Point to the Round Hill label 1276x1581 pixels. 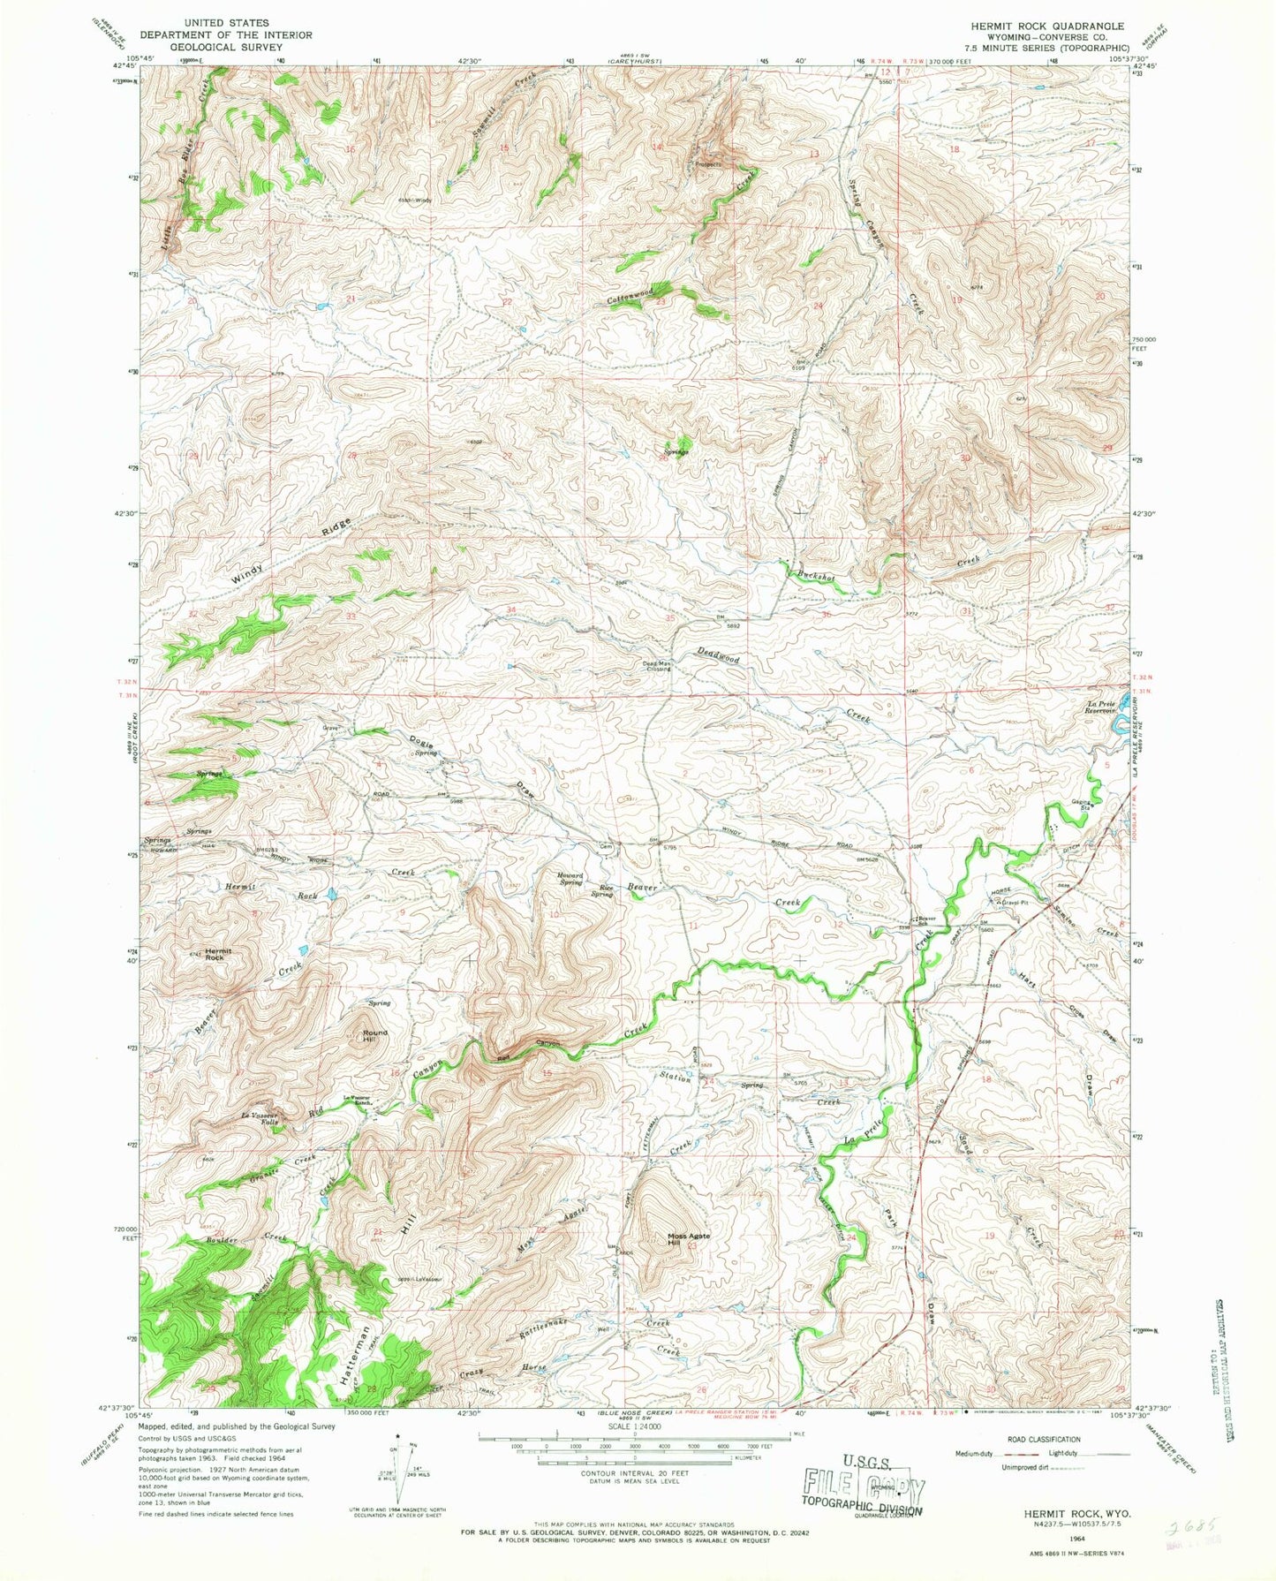tap(374, 1036)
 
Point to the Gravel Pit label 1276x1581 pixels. tap(1014, 903)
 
